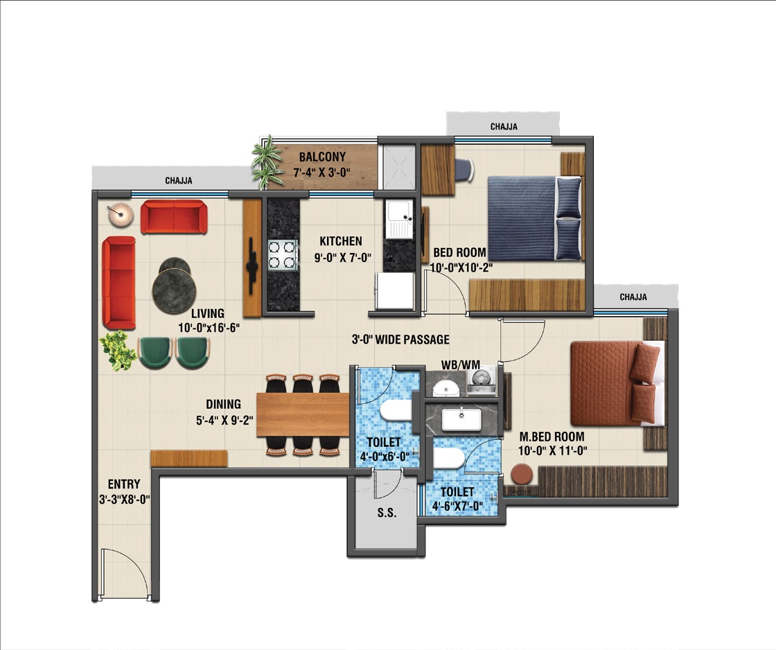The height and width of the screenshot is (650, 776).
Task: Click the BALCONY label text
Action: point(322,157)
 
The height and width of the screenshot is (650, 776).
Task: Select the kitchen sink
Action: point(399,219)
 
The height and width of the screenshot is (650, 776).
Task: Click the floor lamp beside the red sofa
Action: point(121,215)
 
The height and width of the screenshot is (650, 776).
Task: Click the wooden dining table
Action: point(303,414)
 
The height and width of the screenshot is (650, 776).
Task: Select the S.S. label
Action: point(387,513)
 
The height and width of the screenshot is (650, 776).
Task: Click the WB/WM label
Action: point(460,365)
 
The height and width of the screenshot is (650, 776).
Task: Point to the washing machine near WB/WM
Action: point(482,380)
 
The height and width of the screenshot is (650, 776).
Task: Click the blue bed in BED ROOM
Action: point(534,218)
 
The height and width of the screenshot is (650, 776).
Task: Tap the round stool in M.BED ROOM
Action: point(522,474)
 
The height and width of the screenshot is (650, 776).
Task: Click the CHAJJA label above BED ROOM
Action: point(504,127)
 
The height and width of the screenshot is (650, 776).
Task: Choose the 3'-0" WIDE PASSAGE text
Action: point(400,340)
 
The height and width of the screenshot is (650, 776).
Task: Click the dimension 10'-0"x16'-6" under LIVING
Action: point(209,328)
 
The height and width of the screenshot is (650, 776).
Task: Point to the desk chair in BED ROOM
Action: point(464,169)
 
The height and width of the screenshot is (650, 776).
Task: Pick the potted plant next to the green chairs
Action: point(117,351)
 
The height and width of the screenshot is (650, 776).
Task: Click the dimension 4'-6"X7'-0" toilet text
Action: point(457,506)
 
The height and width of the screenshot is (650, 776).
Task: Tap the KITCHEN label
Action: point(340,241)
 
